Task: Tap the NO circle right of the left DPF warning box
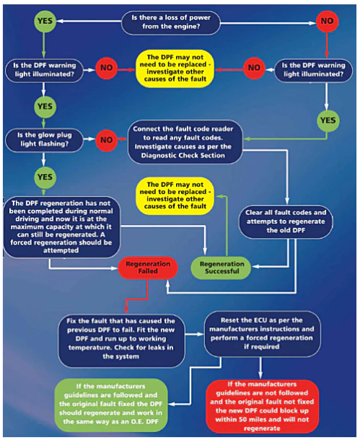107,69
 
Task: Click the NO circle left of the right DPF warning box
253,69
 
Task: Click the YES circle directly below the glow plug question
44,176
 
